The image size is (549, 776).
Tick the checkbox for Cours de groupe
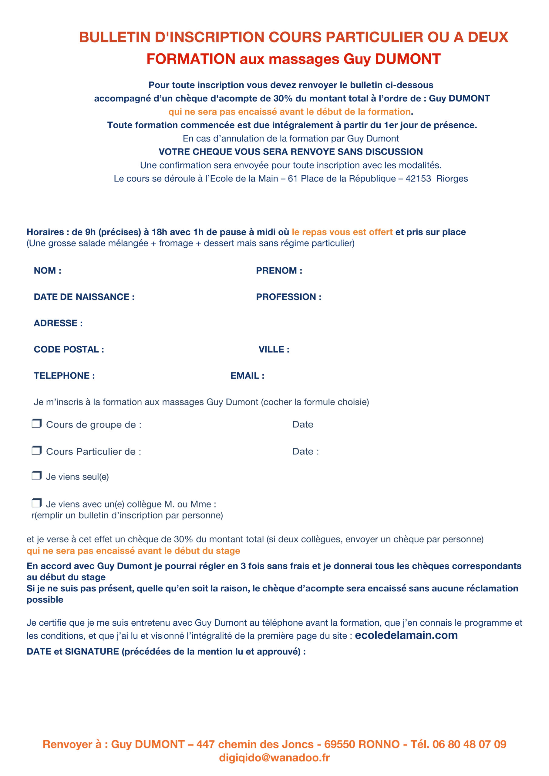click(36, 423)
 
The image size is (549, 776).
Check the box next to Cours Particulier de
click(36, 450)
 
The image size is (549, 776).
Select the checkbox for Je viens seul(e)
click(36, 476)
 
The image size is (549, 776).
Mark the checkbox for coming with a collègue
click(36, 503)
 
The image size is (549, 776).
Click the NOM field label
click(47, 271)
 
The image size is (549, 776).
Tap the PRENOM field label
click(279, 271)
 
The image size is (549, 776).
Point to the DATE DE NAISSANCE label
click(84, 297)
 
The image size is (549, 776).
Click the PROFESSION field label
click(288, 297)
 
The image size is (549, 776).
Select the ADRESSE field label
click(58, 323)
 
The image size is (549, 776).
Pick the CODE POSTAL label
click(69, 350)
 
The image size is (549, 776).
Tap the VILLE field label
click(274, 350)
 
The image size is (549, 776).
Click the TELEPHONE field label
click(64, 376)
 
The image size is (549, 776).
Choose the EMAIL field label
click(247, 376)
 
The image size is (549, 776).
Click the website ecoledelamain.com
click(406, 635)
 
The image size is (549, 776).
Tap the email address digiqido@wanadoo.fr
click(274, 758)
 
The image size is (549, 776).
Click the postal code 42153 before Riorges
click(418, 179)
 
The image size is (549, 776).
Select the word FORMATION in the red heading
click(191, 59)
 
